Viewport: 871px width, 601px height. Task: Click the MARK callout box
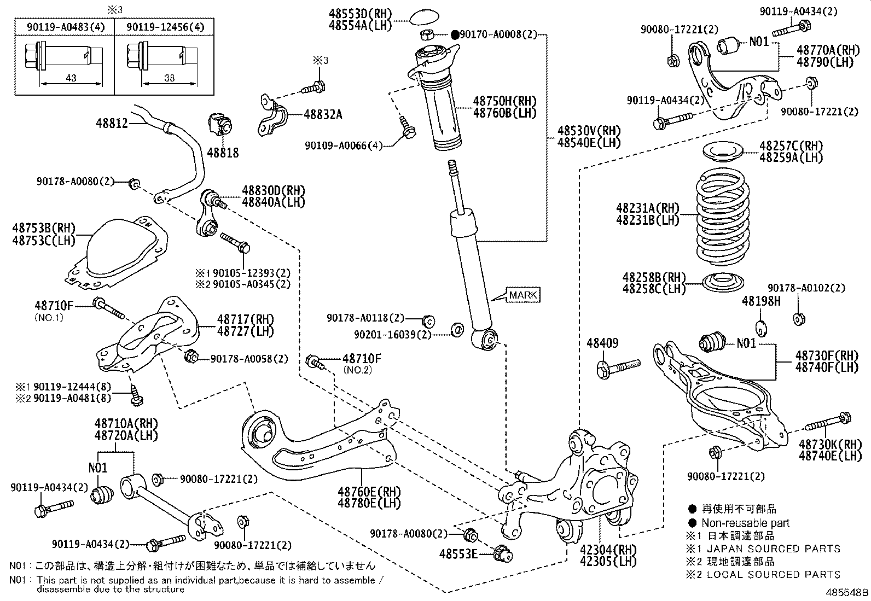coord(523,295)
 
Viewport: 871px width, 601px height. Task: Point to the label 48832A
coord(323,114)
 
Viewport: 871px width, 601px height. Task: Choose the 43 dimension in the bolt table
coord(71,78)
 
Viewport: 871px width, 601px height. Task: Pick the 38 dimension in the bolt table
coord(170,78)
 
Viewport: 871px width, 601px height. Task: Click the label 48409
coord(602,343)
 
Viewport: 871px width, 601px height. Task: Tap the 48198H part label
coord(761,301)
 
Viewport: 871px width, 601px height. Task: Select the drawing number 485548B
coord(847,592)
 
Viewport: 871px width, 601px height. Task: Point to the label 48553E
coord(458,554)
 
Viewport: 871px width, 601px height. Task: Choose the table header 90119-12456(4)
coord(165,27)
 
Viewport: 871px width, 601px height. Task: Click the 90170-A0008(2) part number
coord(498,34)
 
